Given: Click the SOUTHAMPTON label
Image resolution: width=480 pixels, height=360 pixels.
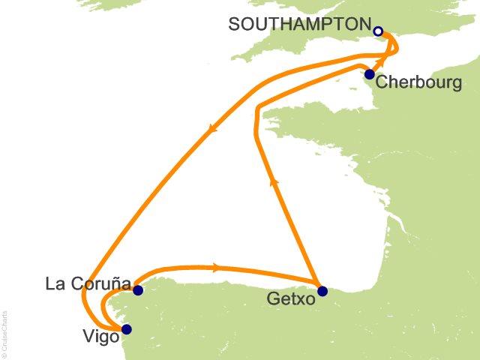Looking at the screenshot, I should (x=300, y=24).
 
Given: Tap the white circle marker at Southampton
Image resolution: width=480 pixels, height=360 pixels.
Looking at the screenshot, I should (x=379, y=31).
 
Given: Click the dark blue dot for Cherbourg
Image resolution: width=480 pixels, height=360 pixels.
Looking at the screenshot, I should (x=369, y=74).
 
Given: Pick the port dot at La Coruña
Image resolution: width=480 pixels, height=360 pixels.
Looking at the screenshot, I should (x=137, y=289).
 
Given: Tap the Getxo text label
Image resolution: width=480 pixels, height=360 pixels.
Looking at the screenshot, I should (x=289, y=299).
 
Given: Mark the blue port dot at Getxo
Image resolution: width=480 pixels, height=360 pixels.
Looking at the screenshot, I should (x=322, y=291).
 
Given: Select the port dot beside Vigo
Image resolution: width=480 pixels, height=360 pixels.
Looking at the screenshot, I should (x=126, y=328).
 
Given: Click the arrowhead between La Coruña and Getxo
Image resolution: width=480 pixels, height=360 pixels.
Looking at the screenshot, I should (x=217, y=266).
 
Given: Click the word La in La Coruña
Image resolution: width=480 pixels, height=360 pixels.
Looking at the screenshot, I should (x=54, y=285).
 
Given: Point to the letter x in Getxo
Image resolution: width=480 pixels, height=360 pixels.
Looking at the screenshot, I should (x=297, y=299).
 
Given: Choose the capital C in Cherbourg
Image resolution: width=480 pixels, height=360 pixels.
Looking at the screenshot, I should (x=381, y=82).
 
